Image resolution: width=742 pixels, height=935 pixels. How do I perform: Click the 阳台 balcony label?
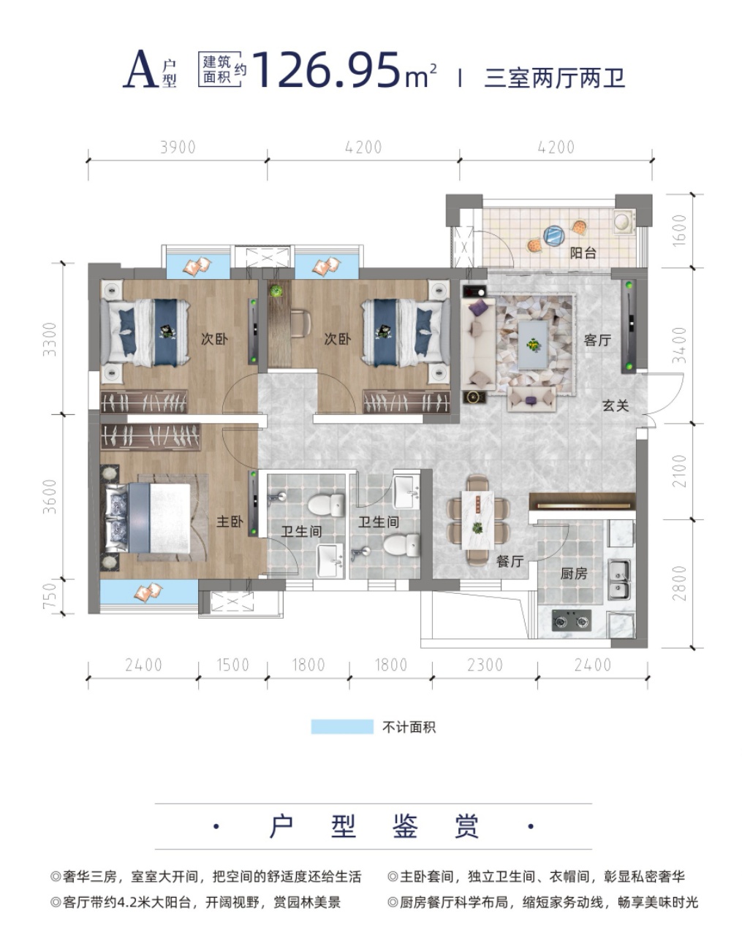pyautogui.click(x=583, y=253)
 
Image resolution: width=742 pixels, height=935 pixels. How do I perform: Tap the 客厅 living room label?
pyautogui.click(x=597, y=340)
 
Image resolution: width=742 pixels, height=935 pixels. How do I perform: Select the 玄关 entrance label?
pyautogui.click(x=616, y=406)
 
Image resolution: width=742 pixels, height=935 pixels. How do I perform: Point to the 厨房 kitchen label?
pyautogui.click(x=574, y=573)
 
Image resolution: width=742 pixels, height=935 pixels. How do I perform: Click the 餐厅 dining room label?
pyautogui.click(x=510, y=561)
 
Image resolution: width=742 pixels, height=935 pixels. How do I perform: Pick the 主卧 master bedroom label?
pyautogui.click(x=230, y=522)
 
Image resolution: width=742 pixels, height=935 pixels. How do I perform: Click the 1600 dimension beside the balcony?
pyautogui.click(x=679, y=231)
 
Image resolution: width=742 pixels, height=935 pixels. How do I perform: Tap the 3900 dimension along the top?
pyautogui.click(x=178, y=148)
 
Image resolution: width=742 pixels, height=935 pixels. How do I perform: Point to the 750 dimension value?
pyautogui.click(x=50, y=595)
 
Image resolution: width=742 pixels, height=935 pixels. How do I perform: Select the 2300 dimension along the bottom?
pyautogui.click(x=485, y=665)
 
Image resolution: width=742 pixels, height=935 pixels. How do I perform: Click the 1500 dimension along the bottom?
pyautogui.click(x=232, y=665)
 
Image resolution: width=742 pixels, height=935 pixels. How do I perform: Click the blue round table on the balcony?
pyautogui.click(x=555, y=237)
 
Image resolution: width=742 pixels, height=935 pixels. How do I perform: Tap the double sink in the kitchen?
pyautogui.click(x=619, y=579)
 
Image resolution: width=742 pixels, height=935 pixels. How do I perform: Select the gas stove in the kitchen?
pyautogui.click(x=572, y=620)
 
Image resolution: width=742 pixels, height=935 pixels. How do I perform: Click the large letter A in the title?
pyautogui.click(x=141, y=69)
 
